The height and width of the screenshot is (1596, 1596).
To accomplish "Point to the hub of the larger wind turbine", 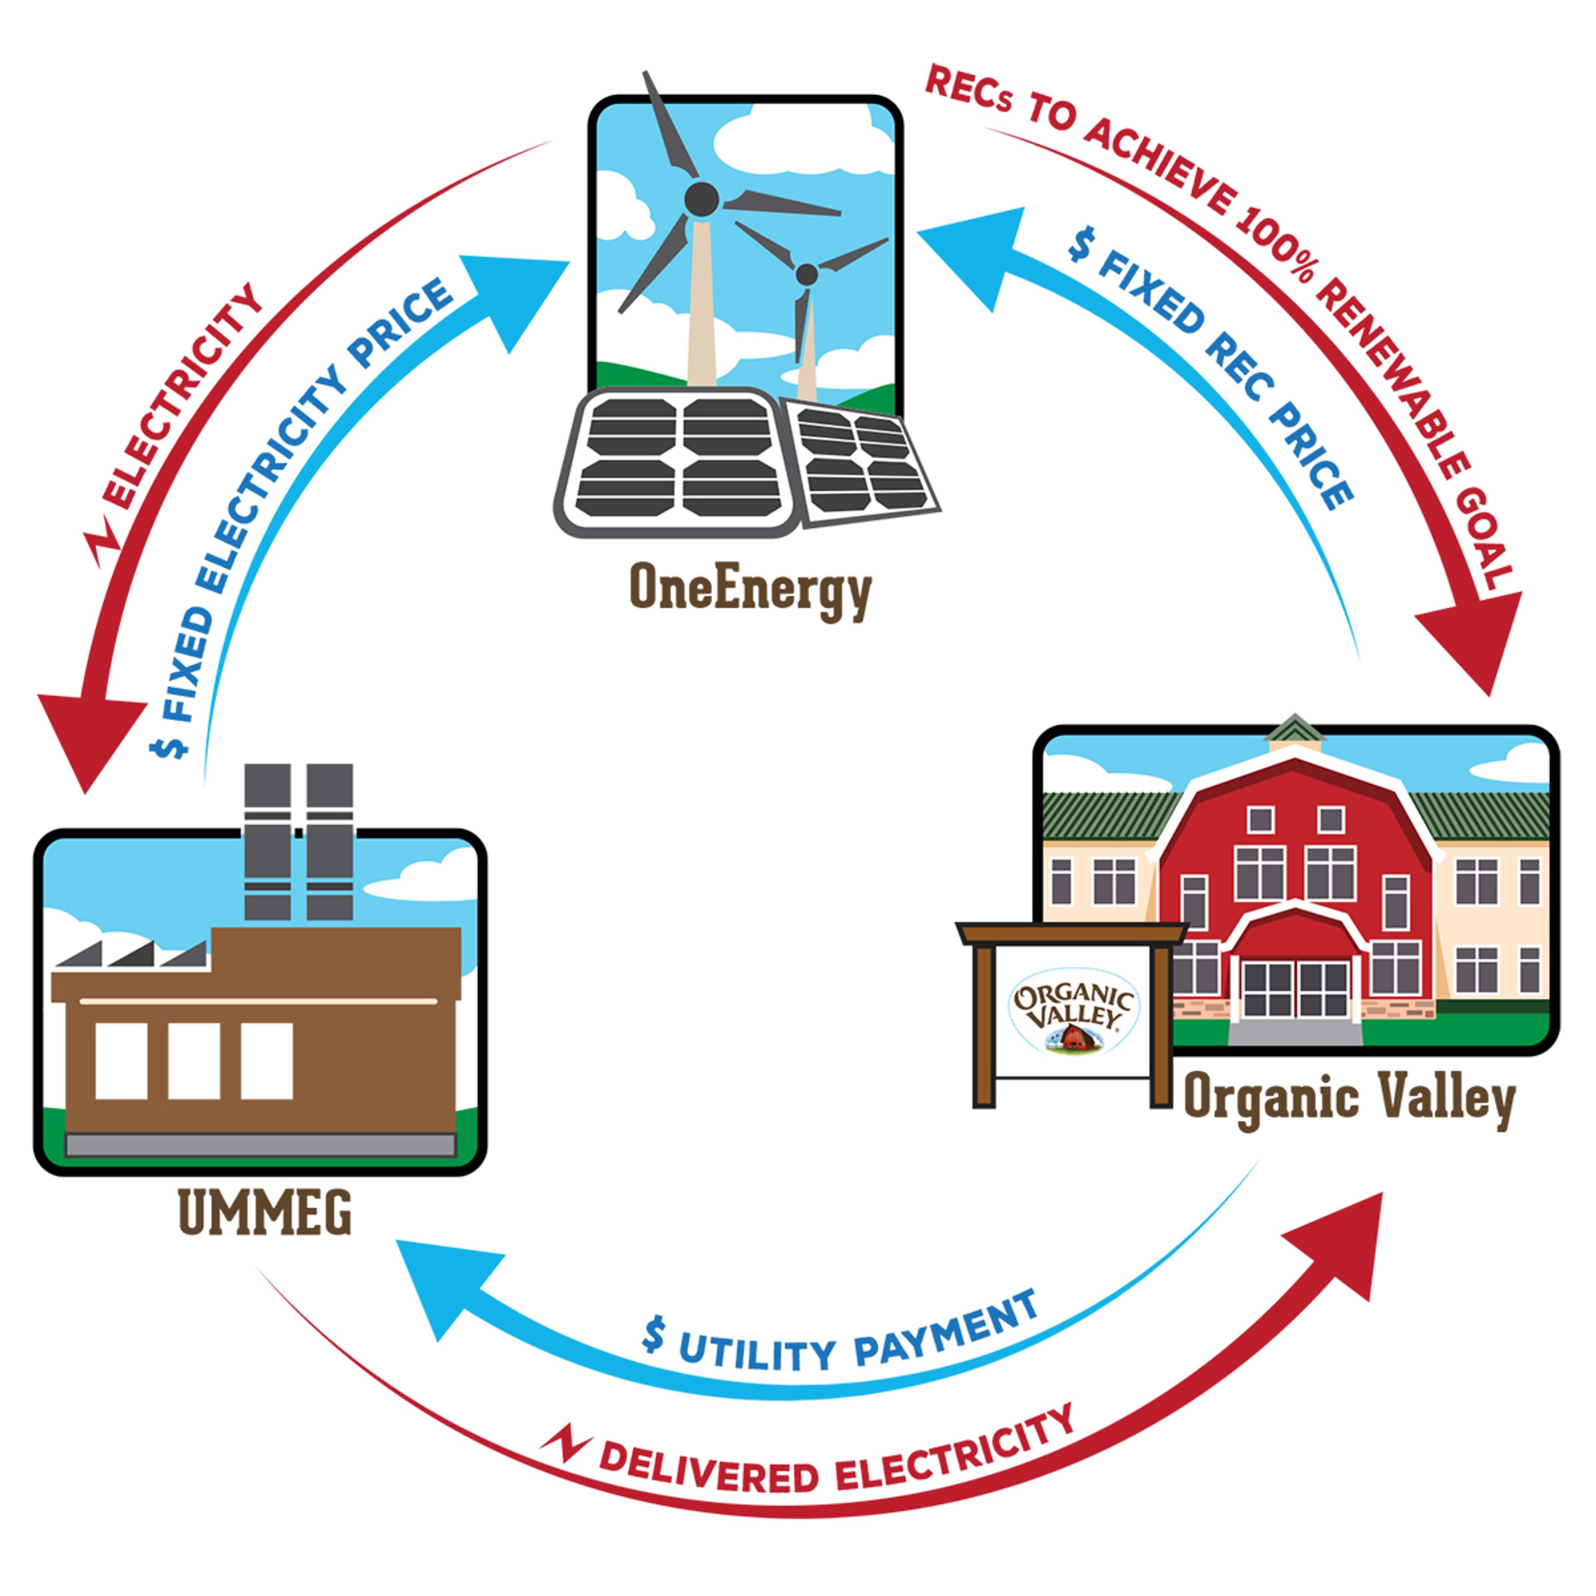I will point(701,199).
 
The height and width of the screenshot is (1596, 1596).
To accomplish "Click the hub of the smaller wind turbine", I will point(806,274).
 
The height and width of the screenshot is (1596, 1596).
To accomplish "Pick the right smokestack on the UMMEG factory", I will point(330,841).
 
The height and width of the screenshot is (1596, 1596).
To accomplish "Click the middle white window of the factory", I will point(194,1061).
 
